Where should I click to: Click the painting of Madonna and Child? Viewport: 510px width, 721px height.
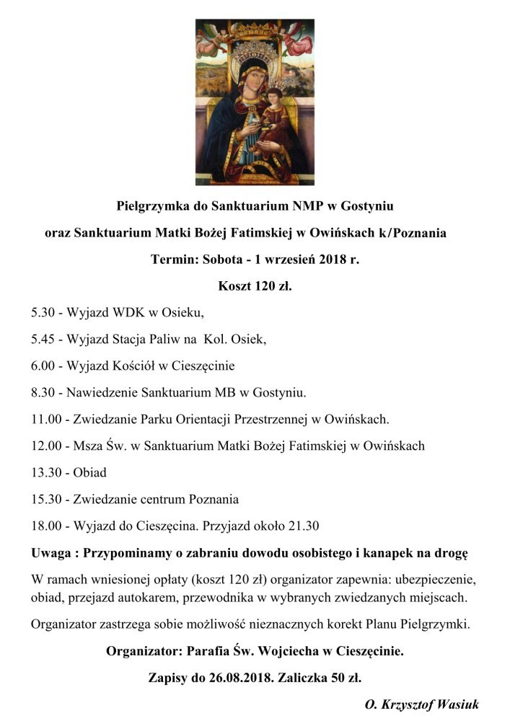point(255,102)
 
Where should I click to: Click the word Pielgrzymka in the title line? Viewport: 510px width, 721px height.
point(151,206)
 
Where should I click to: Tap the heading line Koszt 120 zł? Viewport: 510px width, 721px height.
point(255,286)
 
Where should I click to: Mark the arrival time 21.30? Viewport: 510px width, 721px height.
point(304,526)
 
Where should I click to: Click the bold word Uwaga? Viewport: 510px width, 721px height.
point(52,553)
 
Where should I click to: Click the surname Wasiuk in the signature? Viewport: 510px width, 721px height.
point(456,704)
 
